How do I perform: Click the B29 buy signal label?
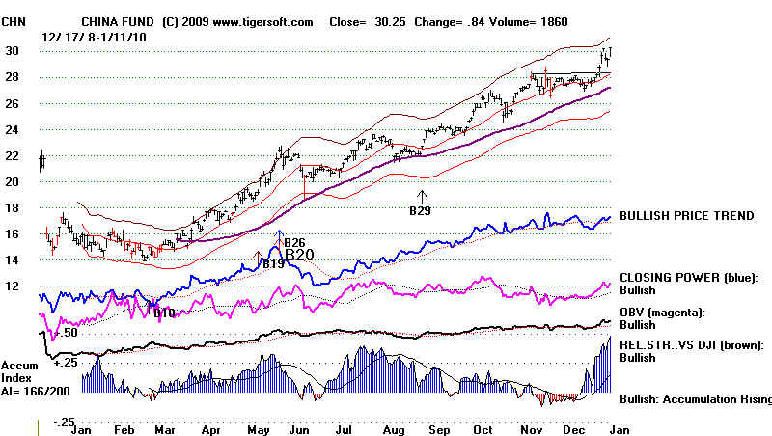click(420, 210)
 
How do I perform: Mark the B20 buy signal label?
click(300, 255)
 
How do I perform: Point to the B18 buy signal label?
click(164, 312)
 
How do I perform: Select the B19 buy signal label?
click(272, 263)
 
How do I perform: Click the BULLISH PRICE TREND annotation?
click(686, 216)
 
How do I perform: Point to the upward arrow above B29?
click(420, 196)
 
